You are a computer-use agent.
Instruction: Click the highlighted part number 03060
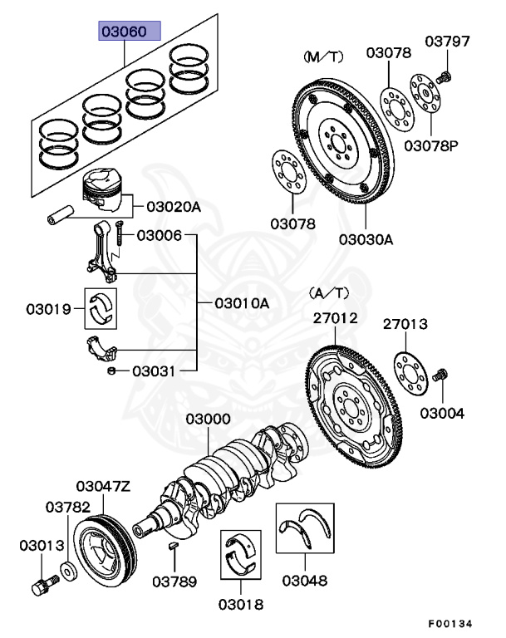coord(125,32)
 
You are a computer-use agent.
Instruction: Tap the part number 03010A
coord(242,303)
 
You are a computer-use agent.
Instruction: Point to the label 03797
coord(448,41)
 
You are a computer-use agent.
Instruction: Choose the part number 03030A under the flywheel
coord(365,240)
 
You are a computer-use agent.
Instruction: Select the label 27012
coord(335,317)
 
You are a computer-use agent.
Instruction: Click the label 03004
coord(442,413)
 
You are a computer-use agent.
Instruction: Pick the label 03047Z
coord(103,486)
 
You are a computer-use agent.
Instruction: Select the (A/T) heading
coord(330,292)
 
